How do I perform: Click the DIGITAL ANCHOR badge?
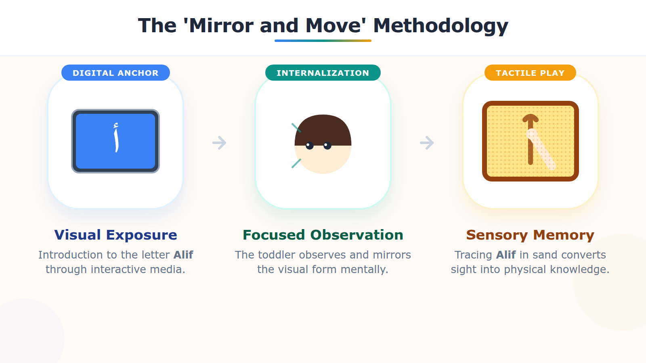click(115, 73)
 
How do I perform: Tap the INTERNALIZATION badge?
click(323, 73)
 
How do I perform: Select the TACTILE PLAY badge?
click(530, 73)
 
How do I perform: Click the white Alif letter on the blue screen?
click(116, 138)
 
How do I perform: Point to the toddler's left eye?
click(310, 146)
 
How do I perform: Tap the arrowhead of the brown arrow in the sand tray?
click(531, 118)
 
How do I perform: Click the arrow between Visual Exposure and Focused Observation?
click(219, 142)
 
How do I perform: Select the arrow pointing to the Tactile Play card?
click(427, 142)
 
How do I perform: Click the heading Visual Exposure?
click(115, 235)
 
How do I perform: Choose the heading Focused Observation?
click(323, 235)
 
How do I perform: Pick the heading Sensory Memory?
click(530, 235)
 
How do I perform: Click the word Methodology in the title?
click(440, 26)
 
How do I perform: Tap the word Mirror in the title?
click(222, 26)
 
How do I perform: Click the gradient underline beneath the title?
click(323, 41)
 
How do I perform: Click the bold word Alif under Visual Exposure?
click(183, 255)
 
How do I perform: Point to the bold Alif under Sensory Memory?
click(506, 255)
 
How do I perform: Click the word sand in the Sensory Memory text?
click(545, 255)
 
